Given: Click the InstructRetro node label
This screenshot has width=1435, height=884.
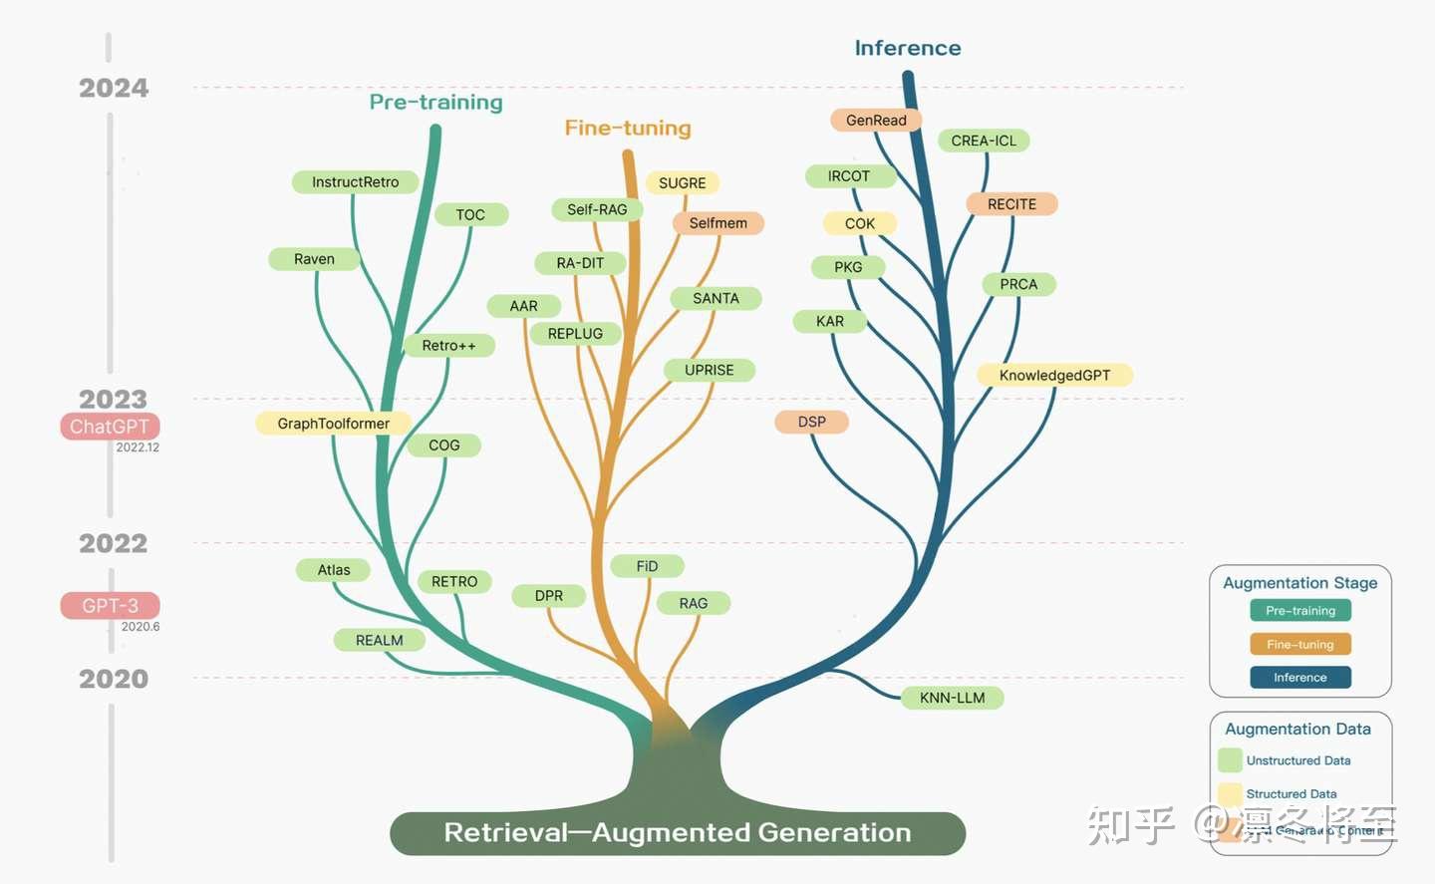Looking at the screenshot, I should point(355,182).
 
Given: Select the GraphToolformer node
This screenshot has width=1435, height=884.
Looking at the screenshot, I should point(333,424).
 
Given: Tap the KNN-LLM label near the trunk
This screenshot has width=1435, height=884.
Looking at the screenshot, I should point(952,698).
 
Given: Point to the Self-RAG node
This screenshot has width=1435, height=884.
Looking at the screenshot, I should point(597,209).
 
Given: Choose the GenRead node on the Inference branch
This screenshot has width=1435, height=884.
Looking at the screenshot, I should point(876,121).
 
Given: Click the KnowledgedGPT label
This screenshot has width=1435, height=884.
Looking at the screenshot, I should point(1054,376).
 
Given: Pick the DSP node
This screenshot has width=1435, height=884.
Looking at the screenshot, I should point(811,422).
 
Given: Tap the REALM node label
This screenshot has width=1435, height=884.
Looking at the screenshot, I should point(379,640).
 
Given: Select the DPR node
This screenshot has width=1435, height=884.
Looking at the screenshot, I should point(548,596).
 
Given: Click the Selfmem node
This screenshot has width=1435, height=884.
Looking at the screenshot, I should point(717,223).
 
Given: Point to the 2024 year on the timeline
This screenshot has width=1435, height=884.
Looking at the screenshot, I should point(114,89).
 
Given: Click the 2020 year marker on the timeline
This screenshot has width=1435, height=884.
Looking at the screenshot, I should point(114,679).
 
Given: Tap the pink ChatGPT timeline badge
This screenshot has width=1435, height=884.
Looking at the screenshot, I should point(110,427).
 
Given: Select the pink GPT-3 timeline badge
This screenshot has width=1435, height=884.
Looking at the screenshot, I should point(110,606).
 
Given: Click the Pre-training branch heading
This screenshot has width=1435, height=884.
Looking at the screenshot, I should point(435,103).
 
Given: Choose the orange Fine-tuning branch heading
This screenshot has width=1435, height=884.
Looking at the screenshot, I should point(628,129).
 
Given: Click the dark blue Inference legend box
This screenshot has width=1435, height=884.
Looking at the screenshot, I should point(1299,678).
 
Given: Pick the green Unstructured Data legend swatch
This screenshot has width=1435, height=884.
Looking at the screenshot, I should point(1230,760).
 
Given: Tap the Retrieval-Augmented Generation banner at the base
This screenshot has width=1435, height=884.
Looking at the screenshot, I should point(678,833).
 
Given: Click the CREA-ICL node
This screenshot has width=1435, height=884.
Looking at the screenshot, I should point(984,142).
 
